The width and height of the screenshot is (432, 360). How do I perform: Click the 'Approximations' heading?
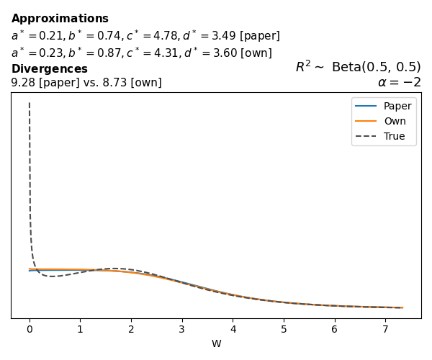[x=60, y=19]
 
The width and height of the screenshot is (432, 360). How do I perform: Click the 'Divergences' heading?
[x=49, y=69]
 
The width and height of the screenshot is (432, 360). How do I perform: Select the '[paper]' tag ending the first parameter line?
[x=260, y=36]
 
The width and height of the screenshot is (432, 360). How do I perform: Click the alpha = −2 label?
[x=399, y=82]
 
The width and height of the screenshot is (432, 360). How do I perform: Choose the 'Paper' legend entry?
[x=397, y=106]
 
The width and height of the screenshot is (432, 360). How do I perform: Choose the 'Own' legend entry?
[x=395, y=121]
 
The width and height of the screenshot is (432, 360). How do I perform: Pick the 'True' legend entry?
[x=395, y=136]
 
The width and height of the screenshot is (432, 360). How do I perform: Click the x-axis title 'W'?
[x=216, y=344]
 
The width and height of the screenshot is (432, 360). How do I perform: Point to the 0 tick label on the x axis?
[x=30, y=329]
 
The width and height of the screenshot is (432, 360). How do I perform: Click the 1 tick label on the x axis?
[x=80, y=329]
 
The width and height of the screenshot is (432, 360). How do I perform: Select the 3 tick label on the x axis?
[x=182, y=329]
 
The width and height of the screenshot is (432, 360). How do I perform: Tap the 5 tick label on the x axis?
[x=284, y=329]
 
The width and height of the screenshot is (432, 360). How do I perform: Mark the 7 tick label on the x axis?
[x=385, y=329]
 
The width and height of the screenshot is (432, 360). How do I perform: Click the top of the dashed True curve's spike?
[x=30, y=104]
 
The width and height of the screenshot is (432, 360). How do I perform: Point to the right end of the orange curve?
[x=402, y=307]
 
